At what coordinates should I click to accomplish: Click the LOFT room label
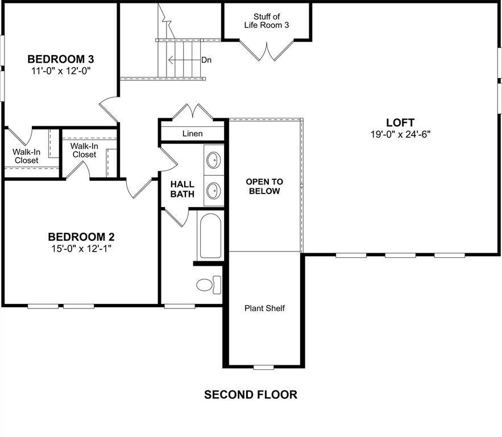[x=400, y=122]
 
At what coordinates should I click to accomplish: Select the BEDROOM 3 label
[x=61, y=59]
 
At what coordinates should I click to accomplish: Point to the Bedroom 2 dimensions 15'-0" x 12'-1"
[x=80, y=249]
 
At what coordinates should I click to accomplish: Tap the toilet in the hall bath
[x=209, y=285]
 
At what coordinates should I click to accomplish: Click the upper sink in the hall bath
[x=213, y=160]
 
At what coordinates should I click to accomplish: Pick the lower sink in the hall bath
[x=213, y=189]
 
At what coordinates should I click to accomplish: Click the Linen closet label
[x=193, y=134]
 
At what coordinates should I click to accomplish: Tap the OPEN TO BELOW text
[x=264, y=187]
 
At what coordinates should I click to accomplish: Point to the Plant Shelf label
[x=264, y=308]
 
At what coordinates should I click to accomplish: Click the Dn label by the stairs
[x=206, y=60]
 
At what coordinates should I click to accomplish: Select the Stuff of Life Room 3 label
[x=267, y=21]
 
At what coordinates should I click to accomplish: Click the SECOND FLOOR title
[x=251, y=394]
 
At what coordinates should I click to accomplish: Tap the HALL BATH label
[x=182, y=189]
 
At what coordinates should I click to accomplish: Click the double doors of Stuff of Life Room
[x=267, y=50]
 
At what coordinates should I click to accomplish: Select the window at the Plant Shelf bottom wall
[x=263, y=367]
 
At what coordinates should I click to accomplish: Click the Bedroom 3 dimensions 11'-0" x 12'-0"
[x=61, y=71]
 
